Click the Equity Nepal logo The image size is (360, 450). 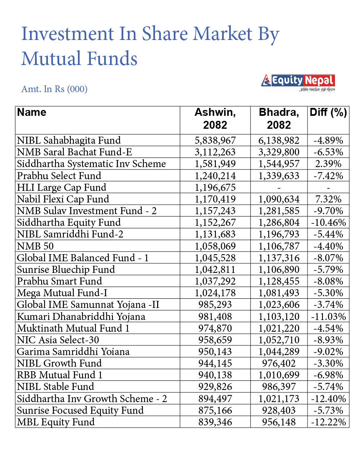[x=298, y=82]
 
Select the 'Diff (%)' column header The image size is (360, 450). [x=328, y=112]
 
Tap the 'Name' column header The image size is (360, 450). [x=32, y=112]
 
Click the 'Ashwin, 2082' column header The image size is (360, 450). [x=215, y=119]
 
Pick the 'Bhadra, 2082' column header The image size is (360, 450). [x=279, y=119]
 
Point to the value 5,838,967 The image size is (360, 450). [x=215, y=140]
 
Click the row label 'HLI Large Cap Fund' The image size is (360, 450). [x=62, y=187]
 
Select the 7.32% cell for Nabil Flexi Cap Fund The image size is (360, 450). [x=328, y=199]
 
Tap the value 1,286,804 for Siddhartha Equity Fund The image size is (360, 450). [x=279, y=222]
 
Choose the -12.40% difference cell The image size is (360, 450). [x=328, y=399]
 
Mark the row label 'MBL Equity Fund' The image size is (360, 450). [x=56, y=422]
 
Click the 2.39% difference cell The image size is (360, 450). [x=328, y=164]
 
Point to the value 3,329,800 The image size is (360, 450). [x=279, y=152]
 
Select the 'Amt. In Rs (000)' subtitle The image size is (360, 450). [x=54, y=89]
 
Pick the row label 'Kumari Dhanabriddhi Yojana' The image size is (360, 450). [x=81, y=317]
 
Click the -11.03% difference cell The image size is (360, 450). [x=328, y=317]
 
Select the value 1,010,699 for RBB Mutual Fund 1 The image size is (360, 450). [x=279, y=375]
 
